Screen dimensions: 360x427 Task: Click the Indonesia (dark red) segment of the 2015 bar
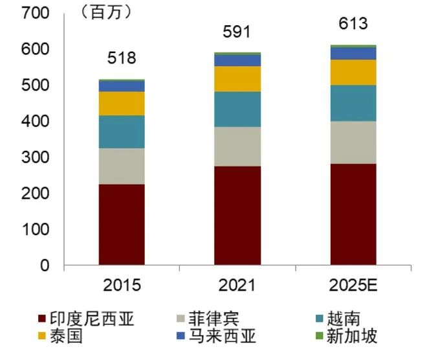pos(122,224)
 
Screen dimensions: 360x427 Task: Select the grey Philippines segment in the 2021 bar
pos(237,146)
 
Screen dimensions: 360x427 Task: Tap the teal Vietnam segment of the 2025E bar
pos(353,103)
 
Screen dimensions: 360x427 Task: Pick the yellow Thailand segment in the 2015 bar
pos(122,104)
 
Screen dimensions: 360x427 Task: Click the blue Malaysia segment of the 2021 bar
pos(237,60)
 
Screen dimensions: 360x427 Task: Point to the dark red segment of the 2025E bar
pos(353,214)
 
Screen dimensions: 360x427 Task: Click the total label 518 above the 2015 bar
pos(122,58)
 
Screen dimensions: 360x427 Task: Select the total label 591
pos(237,32)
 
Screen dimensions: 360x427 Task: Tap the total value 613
pos(353,24)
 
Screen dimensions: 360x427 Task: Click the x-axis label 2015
pos(122,285)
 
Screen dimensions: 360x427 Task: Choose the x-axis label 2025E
pos(353,285)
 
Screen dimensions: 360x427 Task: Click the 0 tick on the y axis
pos(45,265)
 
